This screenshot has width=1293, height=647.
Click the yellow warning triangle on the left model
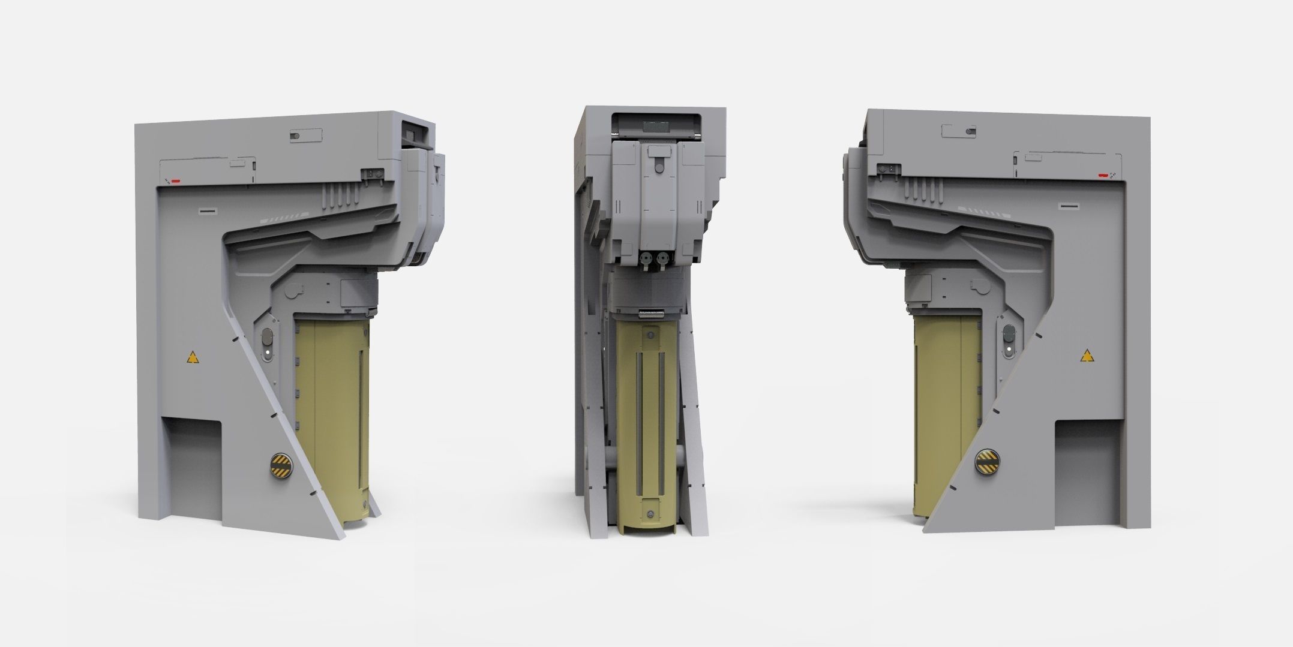(191, 359)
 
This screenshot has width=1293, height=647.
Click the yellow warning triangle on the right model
(1085, 357)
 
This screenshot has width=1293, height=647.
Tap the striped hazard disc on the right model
(986, 461)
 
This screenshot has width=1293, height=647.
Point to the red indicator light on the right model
(1103, 176)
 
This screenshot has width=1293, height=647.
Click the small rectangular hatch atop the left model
(305, 136)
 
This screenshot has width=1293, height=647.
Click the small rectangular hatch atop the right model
(959, 132)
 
